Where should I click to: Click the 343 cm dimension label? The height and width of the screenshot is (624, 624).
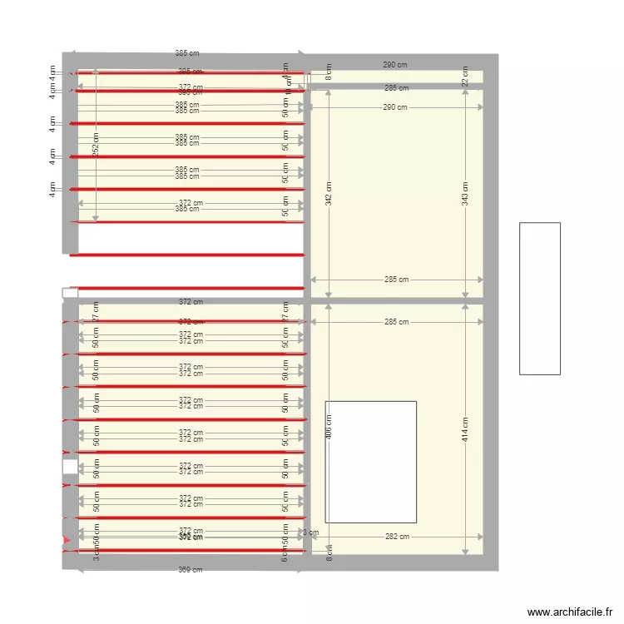[x=465, y=193]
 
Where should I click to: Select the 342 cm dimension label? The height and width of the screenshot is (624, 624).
[x=329, y=194]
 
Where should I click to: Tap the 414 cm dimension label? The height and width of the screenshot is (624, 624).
[x=465, y=428]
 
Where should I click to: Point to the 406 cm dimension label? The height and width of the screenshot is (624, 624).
[x=329, y=428]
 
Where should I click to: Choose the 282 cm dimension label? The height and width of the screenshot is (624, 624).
[x=397, y=537]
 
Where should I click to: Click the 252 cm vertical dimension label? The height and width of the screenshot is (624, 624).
[x=96, y=143]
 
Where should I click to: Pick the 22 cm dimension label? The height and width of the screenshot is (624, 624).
[x=465, y=77]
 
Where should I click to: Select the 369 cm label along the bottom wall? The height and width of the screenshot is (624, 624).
[x=191, y=570]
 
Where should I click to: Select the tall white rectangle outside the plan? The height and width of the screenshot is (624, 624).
[x=539, y=298]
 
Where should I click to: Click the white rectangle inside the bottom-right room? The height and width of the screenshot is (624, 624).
[x=370, y=462]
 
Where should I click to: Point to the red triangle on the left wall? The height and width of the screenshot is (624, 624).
[x=67, y=542]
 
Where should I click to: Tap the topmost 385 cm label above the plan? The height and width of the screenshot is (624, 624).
[x=187, y=53]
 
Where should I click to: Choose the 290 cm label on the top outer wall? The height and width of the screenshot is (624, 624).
[x=395, y=64]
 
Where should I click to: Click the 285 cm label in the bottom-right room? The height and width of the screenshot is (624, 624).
[x=397, y=322]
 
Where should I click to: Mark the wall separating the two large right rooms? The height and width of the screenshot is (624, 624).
[x=396, y=300]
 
